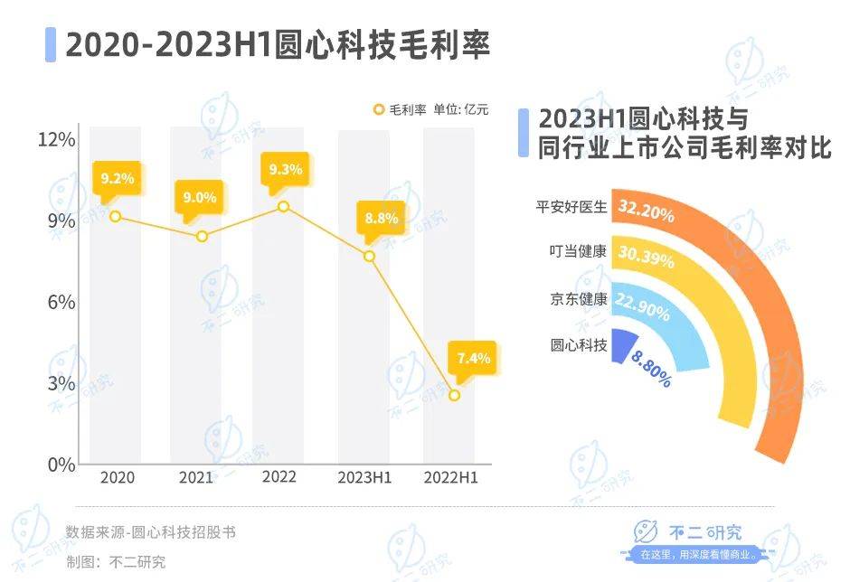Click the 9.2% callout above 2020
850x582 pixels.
tap(118, 178)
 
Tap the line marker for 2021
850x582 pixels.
tap(202, 237)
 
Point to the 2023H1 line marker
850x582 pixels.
tap(369, 257)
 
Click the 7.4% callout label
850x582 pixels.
tap(473, 358)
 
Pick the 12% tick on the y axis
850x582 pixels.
tap(56, 139)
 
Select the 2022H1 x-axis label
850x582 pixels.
tap(451, 477)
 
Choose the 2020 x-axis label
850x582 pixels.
tap(117, 477)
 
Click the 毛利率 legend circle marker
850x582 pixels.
tap(379, 109)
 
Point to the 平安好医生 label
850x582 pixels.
tap(571, 207)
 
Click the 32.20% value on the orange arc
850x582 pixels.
tap(647, 211)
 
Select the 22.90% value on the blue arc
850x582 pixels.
tap(644, 308)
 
